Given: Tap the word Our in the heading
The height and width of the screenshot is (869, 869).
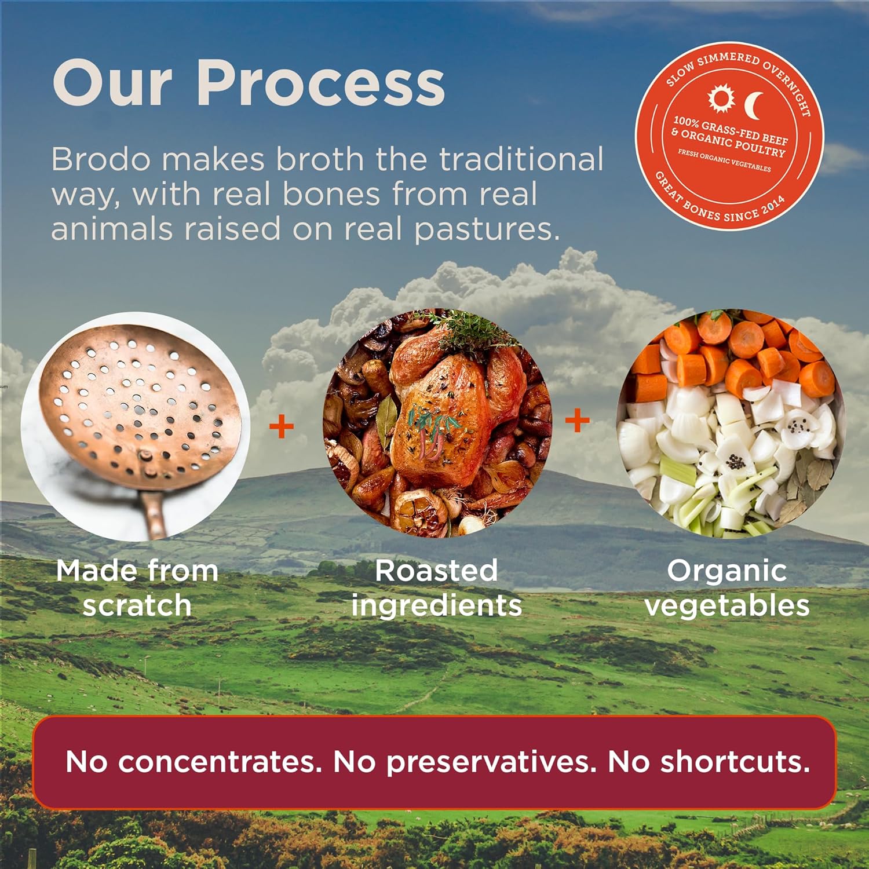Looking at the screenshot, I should (x=113, y=84).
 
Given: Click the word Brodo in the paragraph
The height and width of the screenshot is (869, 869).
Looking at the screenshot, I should (x=101, y=159).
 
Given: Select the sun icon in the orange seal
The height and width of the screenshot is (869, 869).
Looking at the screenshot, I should (x=721, y=98).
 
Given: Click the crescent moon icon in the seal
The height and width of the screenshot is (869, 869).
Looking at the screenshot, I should (x=754, y=105).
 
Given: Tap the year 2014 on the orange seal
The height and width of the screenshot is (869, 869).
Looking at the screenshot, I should (x=773, y=206).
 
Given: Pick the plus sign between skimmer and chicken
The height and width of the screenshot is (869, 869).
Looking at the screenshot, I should (x=282, y=427).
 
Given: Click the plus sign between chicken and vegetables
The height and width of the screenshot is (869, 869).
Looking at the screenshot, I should (x=577, y=420).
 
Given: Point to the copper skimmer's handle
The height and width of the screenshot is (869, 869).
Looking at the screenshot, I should (x=155, y=510).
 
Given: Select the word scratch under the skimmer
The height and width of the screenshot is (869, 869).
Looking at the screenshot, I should (x=137, y=605).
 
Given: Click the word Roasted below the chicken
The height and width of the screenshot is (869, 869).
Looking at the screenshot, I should (x=436, y=571).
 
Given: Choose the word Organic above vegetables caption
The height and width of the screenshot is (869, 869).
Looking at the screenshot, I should (x=726, y=571).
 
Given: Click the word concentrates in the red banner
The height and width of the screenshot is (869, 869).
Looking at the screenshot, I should (x=220, y=762).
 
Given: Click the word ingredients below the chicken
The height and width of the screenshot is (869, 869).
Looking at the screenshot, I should (x=436, y=605).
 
